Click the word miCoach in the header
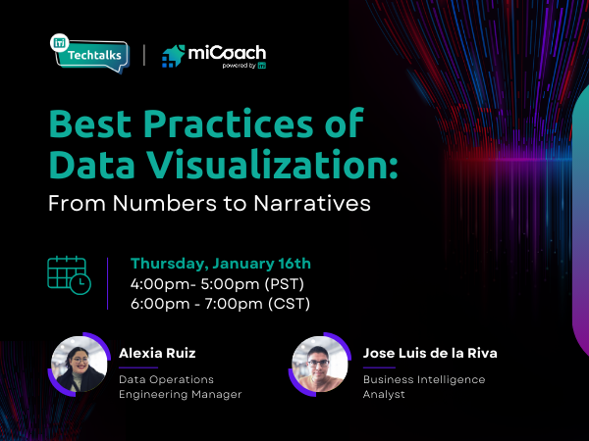(x=229, y=53)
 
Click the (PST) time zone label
(x=285, y=283)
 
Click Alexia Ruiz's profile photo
(x=79, y=365)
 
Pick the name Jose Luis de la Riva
(x=429, y=353)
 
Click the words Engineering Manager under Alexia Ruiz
(x=180, y=394)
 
